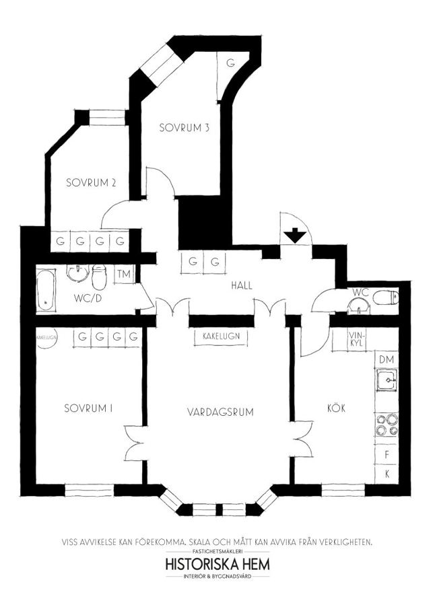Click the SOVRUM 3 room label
click(185, 127)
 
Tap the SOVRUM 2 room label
click(91, 182)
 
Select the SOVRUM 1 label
click(89, 408)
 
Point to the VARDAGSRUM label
click(220, 412)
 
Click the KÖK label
click(336, 408)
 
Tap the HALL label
click(242, 285)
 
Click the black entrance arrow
click(295, 236)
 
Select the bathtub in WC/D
click(46, 291)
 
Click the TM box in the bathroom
click(124, 274)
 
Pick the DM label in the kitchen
click(387, 359)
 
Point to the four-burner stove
click(387, 425)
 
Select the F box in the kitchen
click(387, 454)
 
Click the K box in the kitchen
click(387, 474)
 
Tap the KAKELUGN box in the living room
click(221, 336)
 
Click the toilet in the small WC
click(385, 298)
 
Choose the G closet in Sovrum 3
click(230, 63)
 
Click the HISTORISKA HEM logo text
click(218, 564)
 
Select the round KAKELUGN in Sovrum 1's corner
click(46, 337)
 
